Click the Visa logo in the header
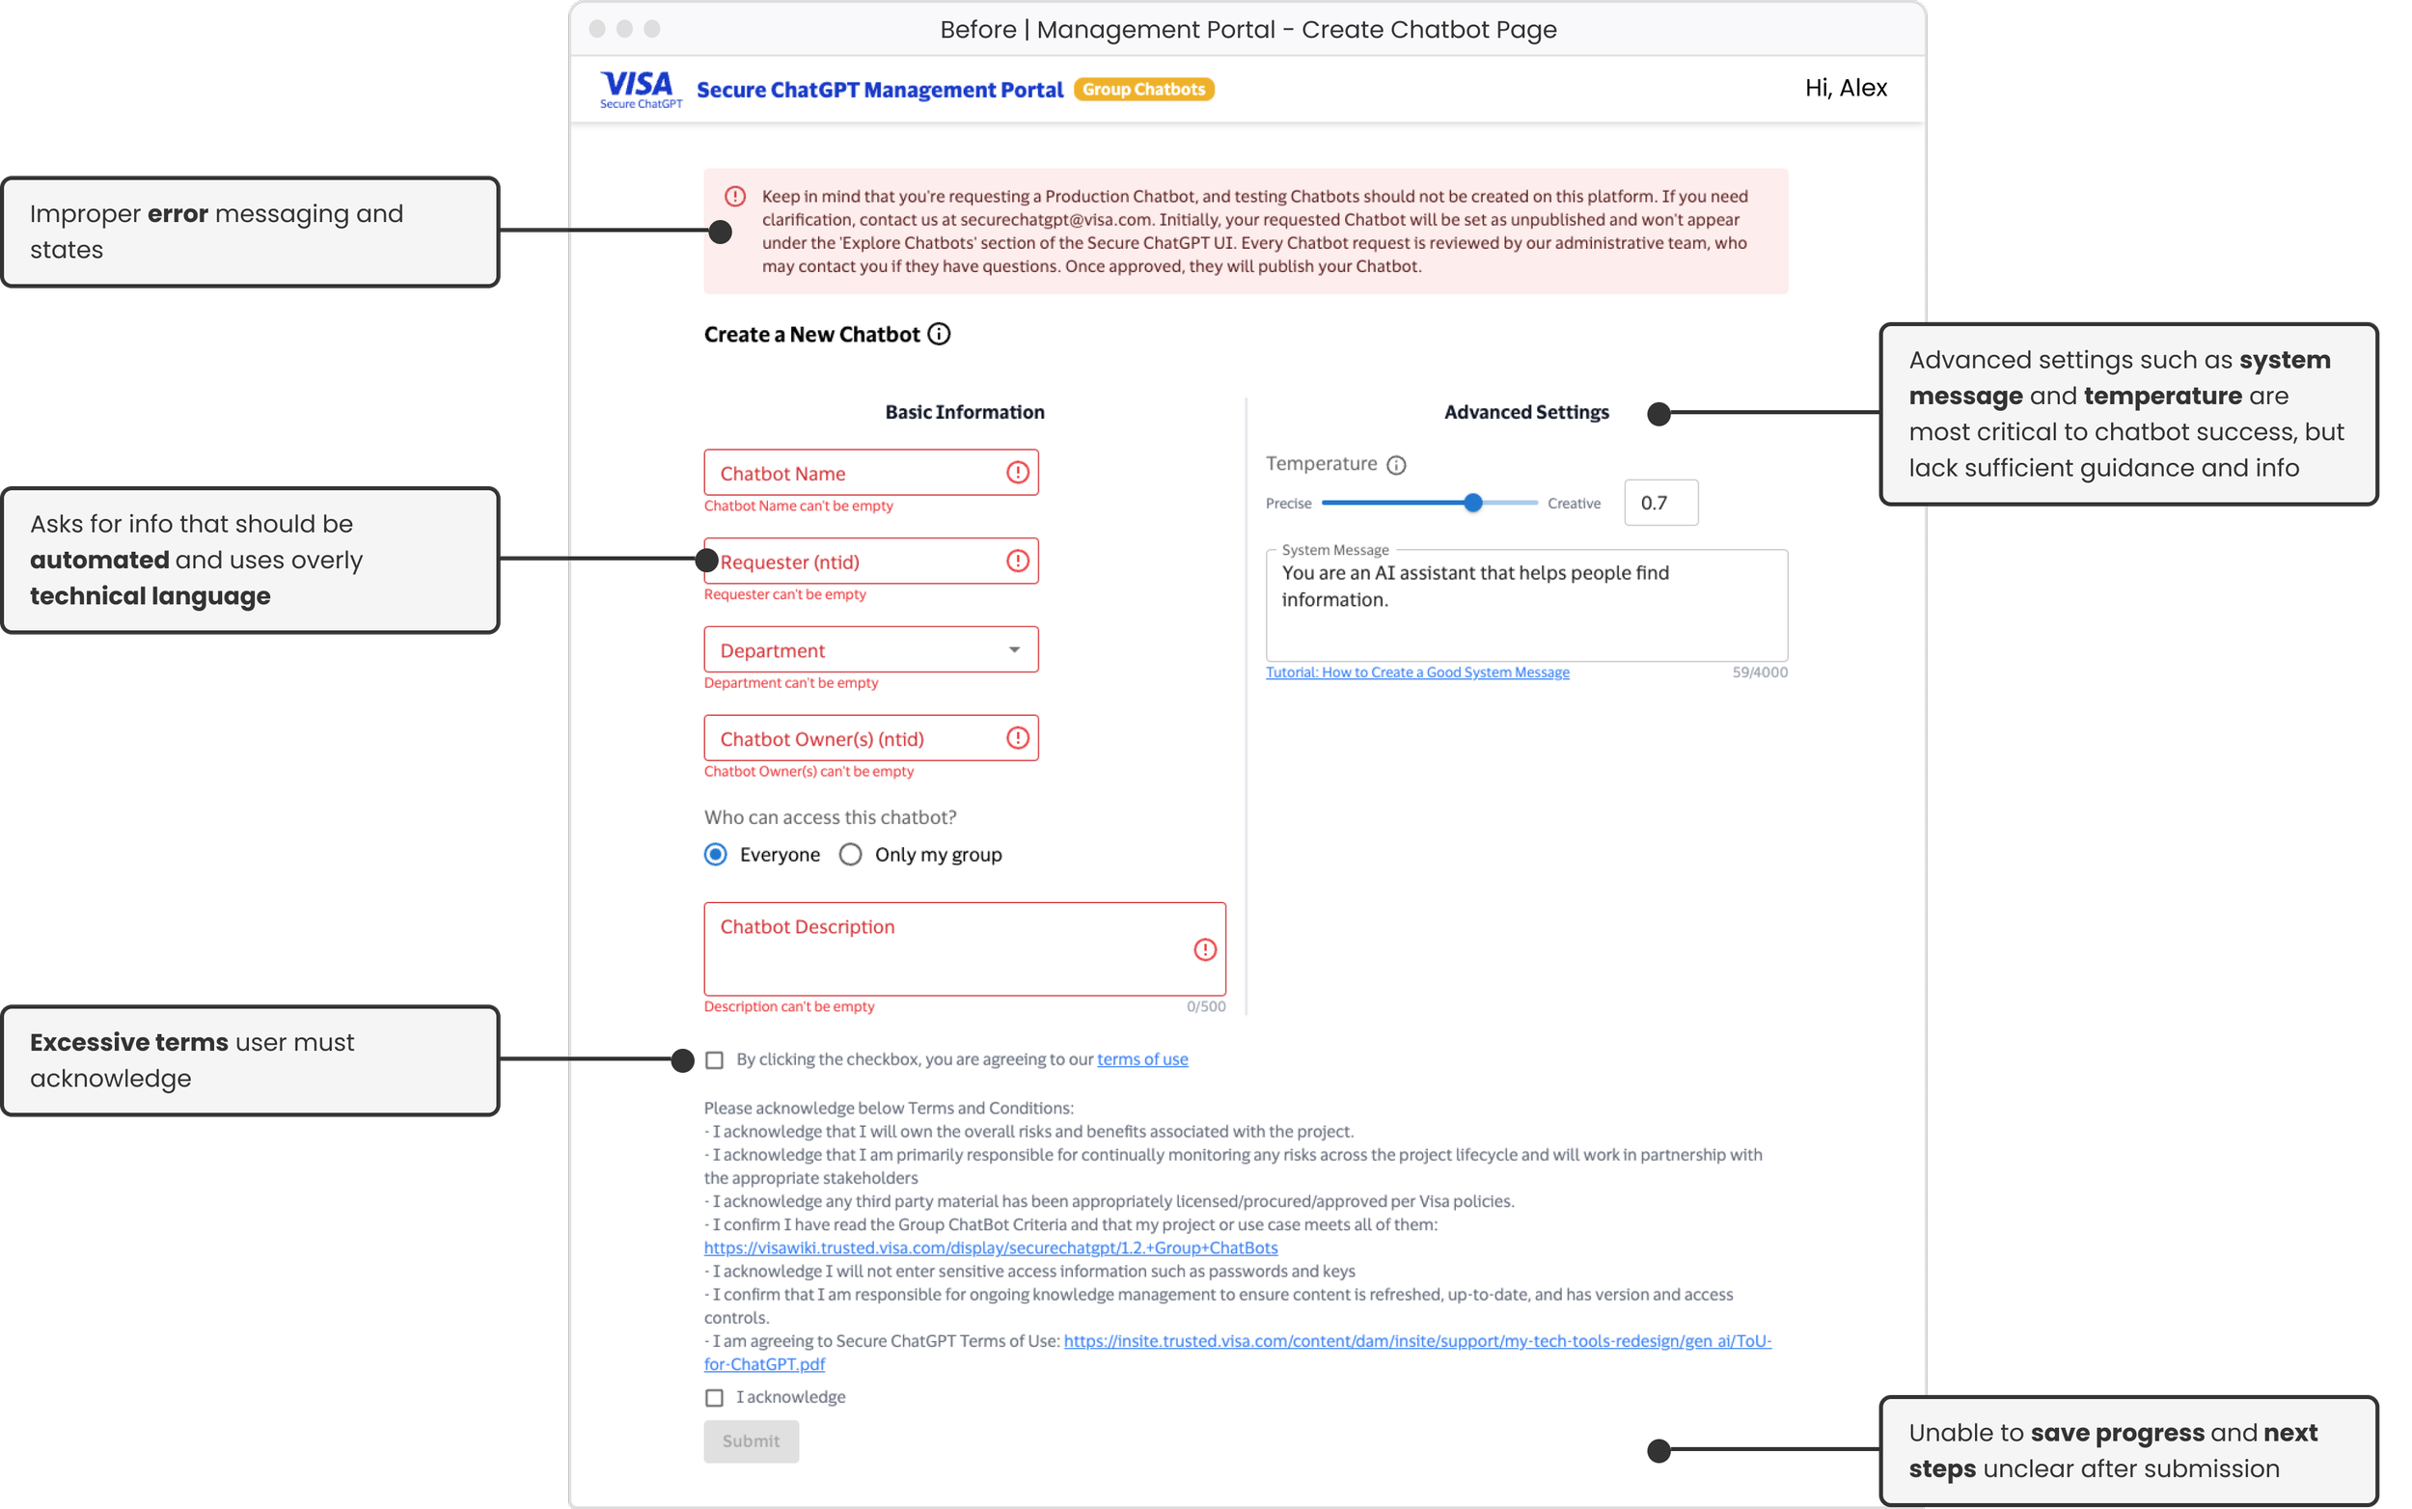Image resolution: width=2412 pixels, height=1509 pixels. tap(640, 88)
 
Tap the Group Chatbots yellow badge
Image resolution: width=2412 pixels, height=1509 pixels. tap(1143, 90)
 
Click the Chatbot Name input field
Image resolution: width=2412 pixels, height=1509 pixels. tap(859, 473)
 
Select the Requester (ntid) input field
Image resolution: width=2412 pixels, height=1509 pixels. tap(859, 562)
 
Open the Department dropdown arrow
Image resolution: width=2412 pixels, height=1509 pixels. tap(1014, 649)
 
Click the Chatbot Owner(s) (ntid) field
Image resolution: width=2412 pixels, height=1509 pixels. tap(859, 738)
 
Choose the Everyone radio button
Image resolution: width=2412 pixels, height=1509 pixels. tap(716, 854)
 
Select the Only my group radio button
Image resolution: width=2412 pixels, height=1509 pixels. tap(850, 854)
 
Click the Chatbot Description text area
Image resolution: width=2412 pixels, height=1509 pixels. tap(964, 949)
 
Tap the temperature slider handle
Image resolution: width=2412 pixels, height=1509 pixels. tap(1473, 503)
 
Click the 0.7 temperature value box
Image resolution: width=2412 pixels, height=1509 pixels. tap(1660, 503)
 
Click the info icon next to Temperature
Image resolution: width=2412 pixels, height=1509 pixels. tap(1396, 465)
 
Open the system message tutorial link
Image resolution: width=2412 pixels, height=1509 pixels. tap(1417, 672)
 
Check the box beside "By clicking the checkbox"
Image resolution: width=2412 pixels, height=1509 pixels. tap(715, 1060)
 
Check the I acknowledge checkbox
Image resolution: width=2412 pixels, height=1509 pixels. tap(715, 1397)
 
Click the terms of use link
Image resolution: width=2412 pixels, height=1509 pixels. tap(1142, 1058)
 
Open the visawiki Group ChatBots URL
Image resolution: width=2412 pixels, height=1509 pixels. tap(990, 1248)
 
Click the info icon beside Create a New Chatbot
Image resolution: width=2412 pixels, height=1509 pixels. tap(939, 335)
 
